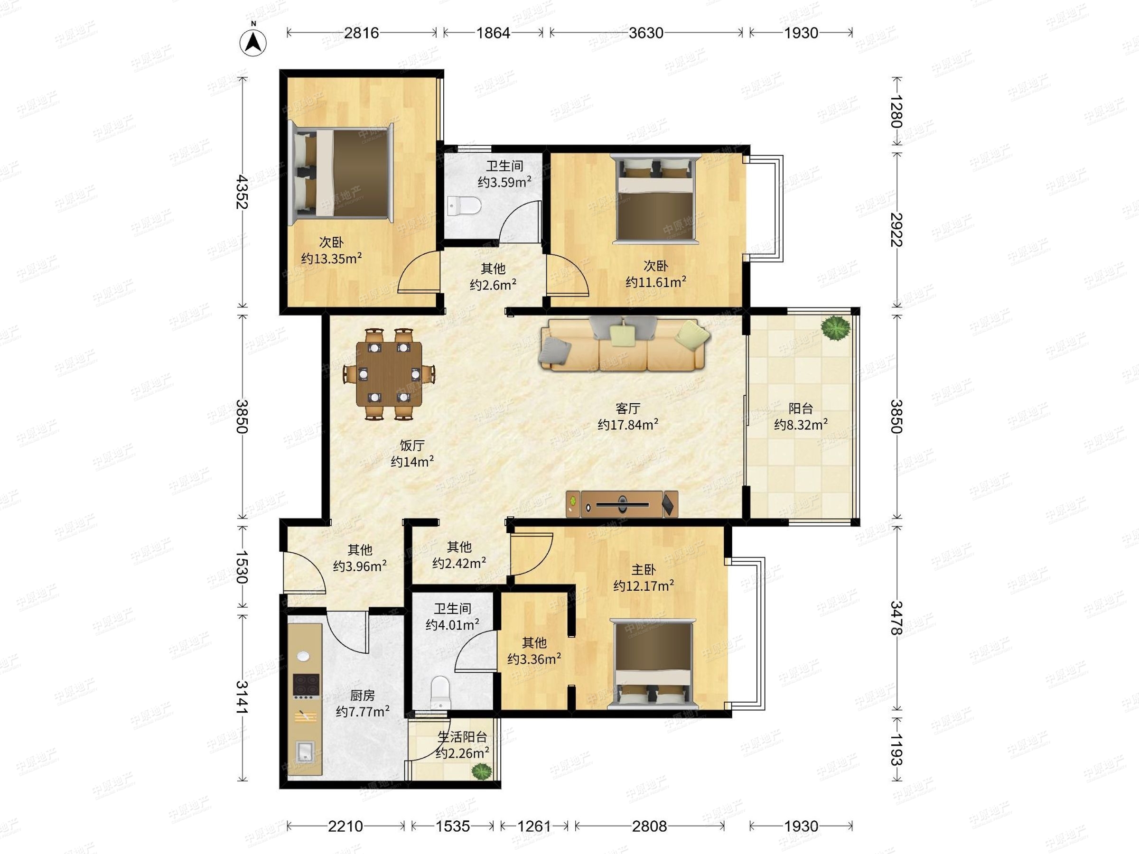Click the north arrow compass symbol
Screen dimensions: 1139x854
[x=253, y=42]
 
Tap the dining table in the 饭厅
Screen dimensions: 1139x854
[x=389, y=374]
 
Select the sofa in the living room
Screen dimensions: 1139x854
[x=625, y=344]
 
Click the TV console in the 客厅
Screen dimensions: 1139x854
[x=622, y=504]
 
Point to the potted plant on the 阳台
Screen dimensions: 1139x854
[x=835, y=327]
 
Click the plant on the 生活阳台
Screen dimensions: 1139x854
[x=480, y=771]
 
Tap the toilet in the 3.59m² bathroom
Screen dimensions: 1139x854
[x=464, y=206]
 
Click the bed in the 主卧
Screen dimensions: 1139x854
[x=652, y=664]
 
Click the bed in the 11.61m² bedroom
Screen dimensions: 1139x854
[x=655, y=198]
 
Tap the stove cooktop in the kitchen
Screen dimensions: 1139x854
[x=306, y=685]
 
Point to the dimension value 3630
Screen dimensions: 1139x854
[x=646, y=33]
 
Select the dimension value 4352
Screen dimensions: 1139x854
[x=242, y=192]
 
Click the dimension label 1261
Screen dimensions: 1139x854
[x=534, y=826]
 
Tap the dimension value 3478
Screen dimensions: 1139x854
[x=896, y=618]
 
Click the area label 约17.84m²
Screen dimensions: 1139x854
[x=628, y=424]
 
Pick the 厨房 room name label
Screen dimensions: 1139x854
[x=362, y=696]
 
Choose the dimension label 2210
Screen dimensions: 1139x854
[x=345, y=826]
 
